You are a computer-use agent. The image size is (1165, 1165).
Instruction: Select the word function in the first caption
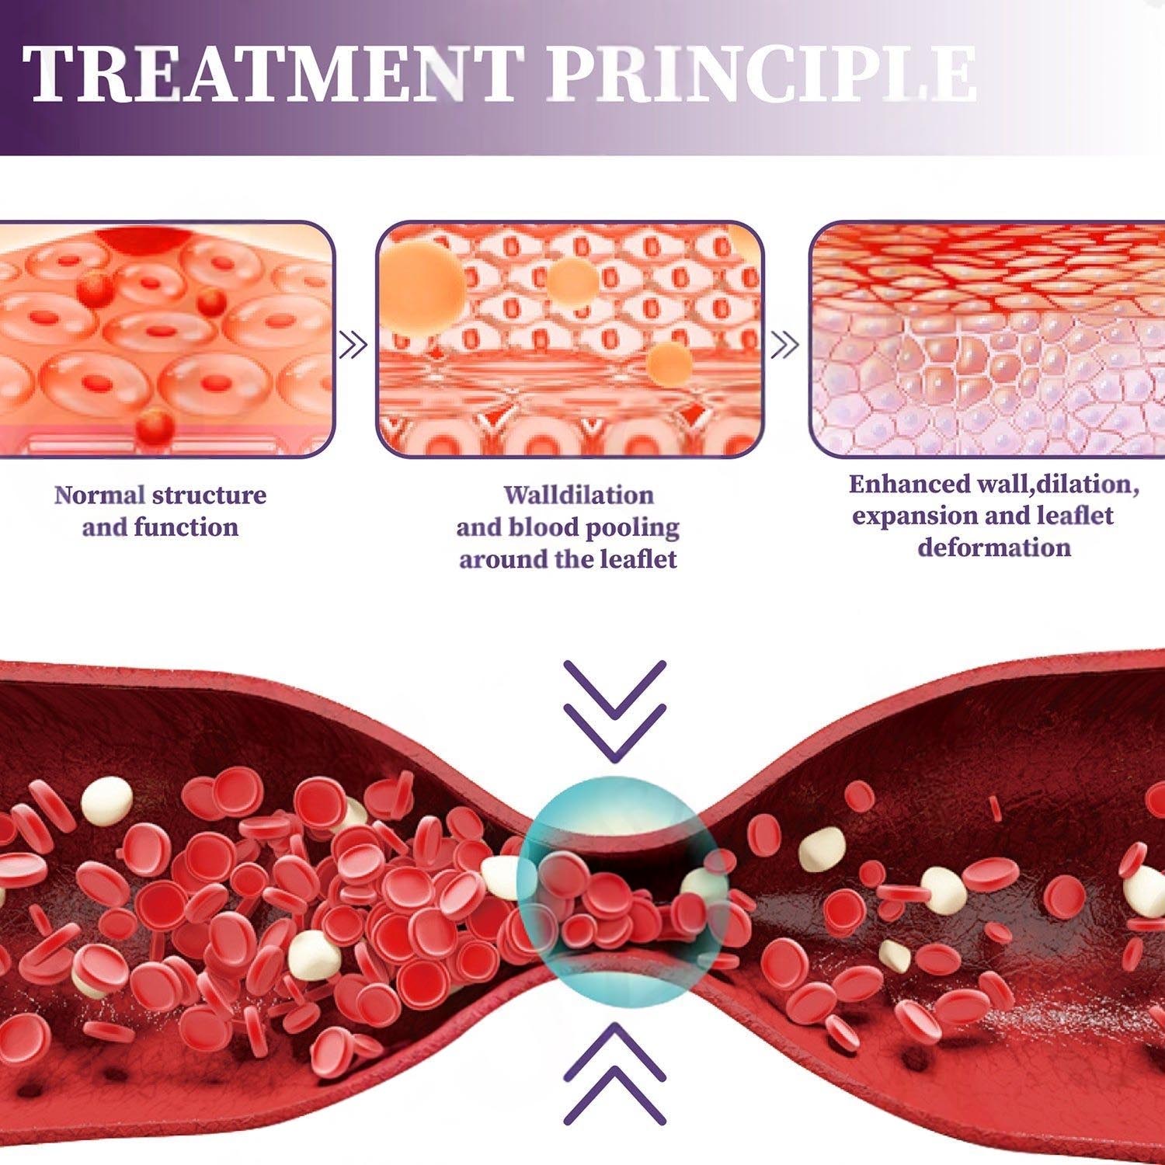pyautogui.click(x=186, y=527)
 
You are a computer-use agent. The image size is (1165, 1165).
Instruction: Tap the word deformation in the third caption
pyautogui.click(x=994, y=548)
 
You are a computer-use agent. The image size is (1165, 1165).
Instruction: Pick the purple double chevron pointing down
pyautogui.click(x=614, y=709)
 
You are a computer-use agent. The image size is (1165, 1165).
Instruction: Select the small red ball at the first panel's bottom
pyautogui.click(x=154, y=425)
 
